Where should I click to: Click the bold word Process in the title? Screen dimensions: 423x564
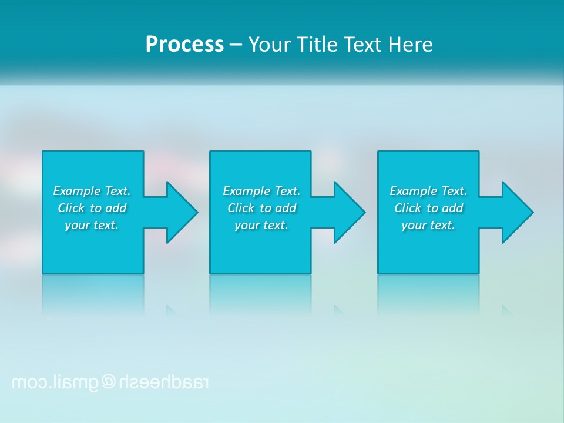point(184,45)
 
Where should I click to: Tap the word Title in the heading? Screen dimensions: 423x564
point(317,45)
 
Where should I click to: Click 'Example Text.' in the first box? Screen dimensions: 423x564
point(92,191)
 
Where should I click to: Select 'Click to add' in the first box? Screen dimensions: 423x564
point(92,208)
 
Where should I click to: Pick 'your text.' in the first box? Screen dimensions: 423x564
point(92,225)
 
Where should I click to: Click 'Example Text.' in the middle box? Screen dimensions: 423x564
point(261,191)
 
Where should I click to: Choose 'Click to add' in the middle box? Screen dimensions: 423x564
point(261,208)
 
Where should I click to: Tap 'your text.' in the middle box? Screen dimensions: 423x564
point(261,225)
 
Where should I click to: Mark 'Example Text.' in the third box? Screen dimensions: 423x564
point(428,191)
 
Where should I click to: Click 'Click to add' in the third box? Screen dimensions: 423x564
point(428,208)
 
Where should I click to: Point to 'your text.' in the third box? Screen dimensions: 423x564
point(428,225)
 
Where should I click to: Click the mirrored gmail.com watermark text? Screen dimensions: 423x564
point(53,382)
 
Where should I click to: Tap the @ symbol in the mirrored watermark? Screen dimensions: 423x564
point(109,382)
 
